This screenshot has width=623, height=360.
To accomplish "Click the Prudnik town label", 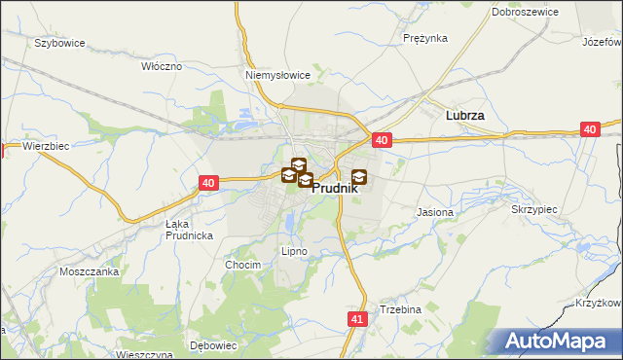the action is pyautogui.click(x=335, y=191).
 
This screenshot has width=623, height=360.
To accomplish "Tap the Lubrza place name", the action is pyautogui.click(x=464, y=115).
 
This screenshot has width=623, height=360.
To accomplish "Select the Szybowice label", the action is pyautogui.click(x=59, y=44).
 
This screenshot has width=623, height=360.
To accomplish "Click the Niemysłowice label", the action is pyautogui.click(x=277, y=74).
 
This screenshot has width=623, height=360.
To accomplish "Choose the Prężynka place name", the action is pyautogui.click(x=424, y=39).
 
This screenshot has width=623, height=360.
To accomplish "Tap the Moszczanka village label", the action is pyautogui.click(x=89, y=271).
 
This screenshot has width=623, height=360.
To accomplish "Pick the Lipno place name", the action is pyautogui.click(x=294, y=251).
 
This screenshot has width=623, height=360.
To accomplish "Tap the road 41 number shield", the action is pyautogui.click(x=356, y=318).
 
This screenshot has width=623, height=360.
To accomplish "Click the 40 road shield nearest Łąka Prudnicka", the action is pyautogui.click(x=208, y=182).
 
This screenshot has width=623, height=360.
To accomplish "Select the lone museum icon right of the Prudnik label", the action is pyautogui.click(x=359, y=176).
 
